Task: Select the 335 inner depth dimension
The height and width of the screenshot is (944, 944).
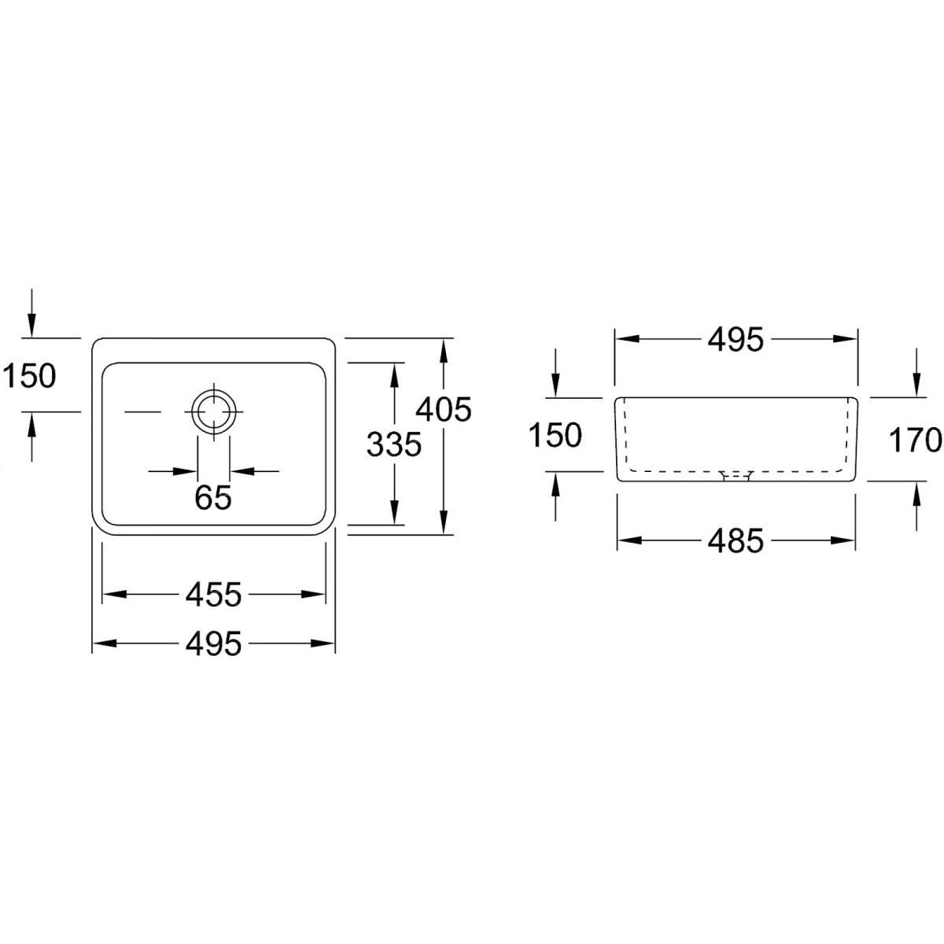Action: coord(394,444)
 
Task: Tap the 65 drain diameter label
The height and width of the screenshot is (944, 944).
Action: coord(213,498)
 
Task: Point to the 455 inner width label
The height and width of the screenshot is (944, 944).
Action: coord(214,594)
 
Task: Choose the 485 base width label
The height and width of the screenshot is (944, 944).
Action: coord(736,540)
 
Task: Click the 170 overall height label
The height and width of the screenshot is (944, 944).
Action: coord(915,440)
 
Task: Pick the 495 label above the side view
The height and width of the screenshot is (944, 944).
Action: coord(736,339)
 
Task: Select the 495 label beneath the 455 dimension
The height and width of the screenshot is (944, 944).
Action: coord(214,643)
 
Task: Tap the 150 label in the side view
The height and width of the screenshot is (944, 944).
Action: coord(555,435)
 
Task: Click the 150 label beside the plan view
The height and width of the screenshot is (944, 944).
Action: coord(29,376)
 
